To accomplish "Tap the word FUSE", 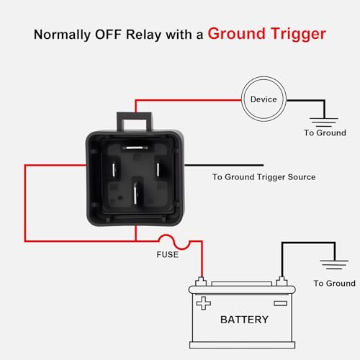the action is coord(168,255).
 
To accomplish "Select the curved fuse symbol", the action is coord(174,241).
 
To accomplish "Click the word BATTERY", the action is coord(244,320).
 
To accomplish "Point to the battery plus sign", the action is coord(204,303).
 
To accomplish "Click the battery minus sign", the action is coord(281,303).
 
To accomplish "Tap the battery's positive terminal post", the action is coord(201,282).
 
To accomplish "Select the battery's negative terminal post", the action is coord(282,282).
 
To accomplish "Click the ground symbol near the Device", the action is coord(324,122).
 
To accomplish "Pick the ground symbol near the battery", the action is coord(334,264).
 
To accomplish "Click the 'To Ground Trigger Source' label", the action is coord(264,177).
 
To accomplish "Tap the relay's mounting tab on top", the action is coord(135,122).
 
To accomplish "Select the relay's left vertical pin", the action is coord(114,169).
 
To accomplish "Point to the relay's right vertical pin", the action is coord(158,169).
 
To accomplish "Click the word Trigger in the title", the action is coord(299,34).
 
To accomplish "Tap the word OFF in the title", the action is coord(108,35).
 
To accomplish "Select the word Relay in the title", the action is coord(144,35).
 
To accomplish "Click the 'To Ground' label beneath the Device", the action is coord(325,132).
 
